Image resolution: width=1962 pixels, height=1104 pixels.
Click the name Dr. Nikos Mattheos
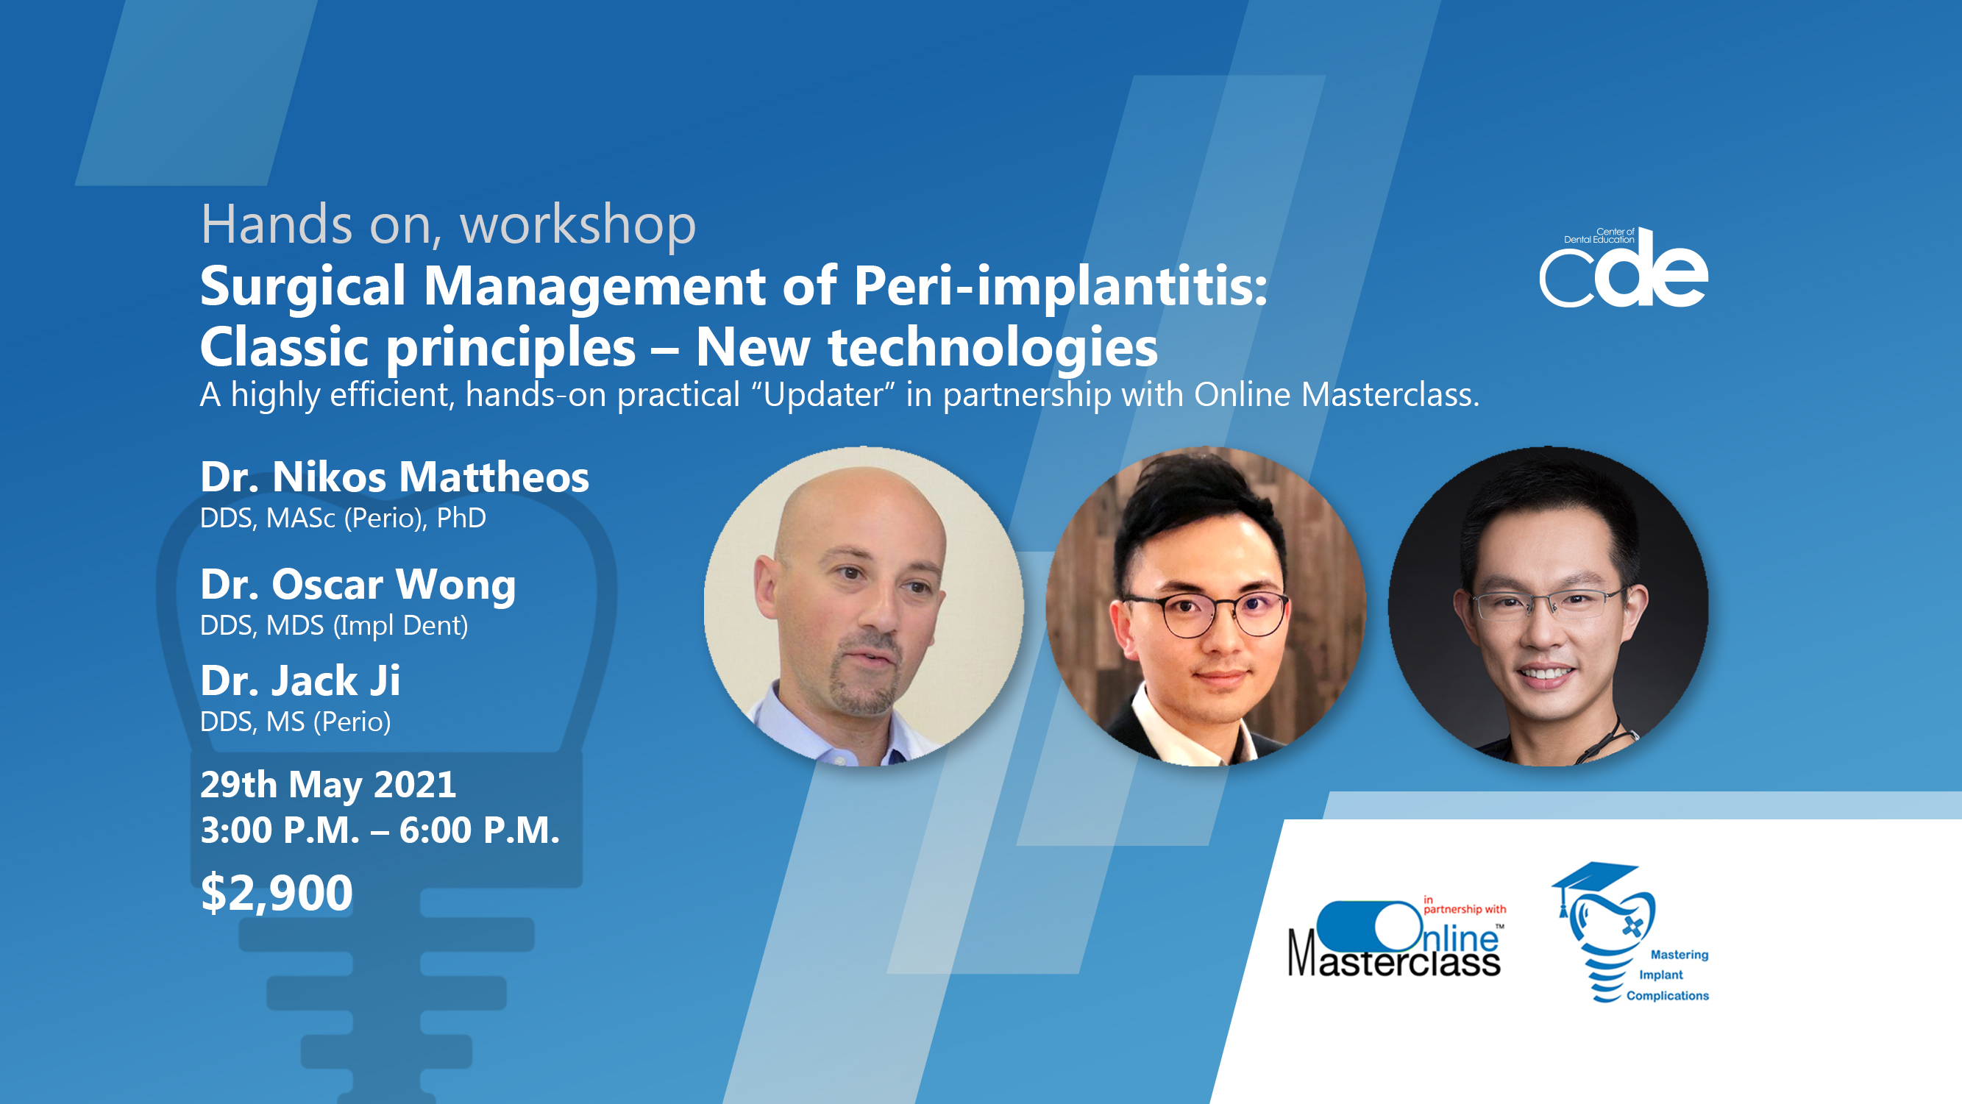tap(394, 477)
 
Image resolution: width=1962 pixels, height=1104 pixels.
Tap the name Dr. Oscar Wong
tap(358, 585)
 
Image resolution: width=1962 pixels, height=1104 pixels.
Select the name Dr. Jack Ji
tap(300, 680)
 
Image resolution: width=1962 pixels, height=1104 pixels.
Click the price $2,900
tap(277, 892)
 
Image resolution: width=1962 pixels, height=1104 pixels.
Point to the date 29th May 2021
tap(328, 785)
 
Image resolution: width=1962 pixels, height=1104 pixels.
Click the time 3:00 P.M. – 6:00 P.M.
tap(380, 830)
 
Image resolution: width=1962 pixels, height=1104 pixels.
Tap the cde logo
tap(1624, 267)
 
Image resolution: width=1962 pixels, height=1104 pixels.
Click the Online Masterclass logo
tap(1396, 937)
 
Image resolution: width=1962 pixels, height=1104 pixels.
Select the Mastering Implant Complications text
tap(1668, 975)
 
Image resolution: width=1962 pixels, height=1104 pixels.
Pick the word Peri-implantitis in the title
tap(1060, 287)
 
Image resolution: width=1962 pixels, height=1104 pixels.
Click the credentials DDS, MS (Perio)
tap(296, 722)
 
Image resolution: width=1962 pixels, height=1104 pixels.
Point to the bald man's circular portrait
tap(864, 606)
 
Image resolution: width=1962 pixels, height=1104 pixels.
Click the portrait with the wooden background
tap(1206, 606)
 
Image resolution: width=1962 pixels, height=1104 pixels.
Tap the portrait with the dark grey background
tap(1548, 606)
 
